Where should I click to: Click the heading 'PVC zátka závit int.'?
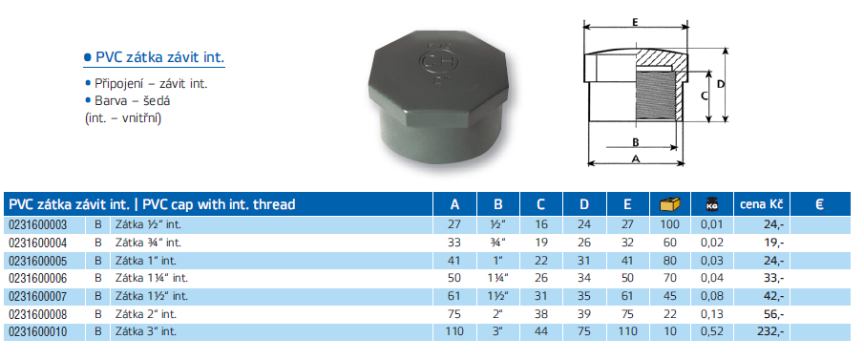point(159,58)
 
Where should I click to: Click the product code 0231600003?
point(36,224)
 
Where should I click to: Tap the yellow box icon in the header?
point(670,204)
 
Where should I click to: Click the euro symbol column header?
point(819,204)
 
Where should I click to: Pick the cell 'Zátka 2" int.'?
point(145,314)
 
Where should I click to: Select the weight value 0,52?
point(711,332)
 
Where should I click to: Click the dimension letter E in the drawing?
point(635,23)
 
